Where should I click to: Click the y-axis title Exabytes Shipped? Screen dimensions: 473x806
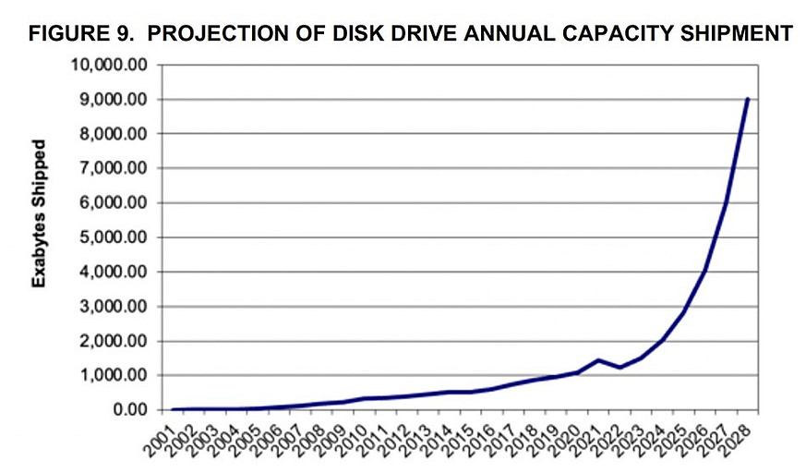[39, 213]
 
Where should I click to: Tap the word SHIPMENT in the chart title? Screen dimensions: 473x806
[734, 34]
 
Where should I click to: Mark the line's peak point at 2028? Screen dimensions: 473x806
[747, 99]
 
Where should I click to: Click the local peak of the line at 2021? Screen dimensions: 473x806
[598, 359]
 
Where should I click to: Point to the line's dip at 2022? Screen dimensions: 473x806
[620, 368]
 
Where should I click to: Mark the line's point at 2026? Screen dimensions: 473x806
[704, 272]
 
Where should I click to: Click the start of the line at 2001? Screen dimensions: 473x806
[173, 409]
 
